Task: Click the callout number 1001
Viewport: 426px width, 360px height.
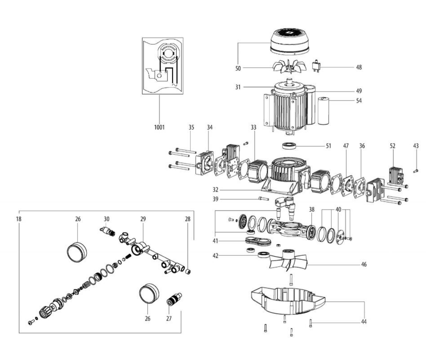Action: click(x=159, y=128)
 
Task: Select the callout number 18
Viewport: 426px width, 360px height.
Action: click(x=19, y=219)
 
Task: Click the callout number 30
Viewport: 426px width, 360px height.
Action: click(x=106, y=219)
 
